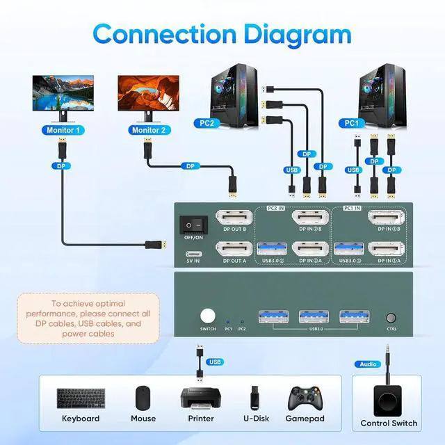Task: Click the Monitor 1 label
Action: click(x=63, y=130)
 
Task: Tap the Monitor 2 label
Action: click(x=148, y=130)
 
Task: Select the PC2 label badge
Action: click(x=206, y=124)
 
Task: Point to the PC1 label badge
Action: click(x=352, y=124)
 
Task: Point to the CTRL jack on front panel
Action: click(x=391, y=316)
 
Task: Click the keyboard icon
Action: click(x=81, y=398)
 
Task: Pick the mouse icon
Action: click(x=143, y=398)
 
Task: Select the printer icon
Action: click(x=201, y=399)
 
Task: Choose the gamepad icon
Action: click(x=307, y=398)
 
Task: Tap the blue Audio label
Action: click(x=368, y=364)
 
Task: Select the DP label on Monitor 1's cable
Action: click(x=61, y=166)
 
